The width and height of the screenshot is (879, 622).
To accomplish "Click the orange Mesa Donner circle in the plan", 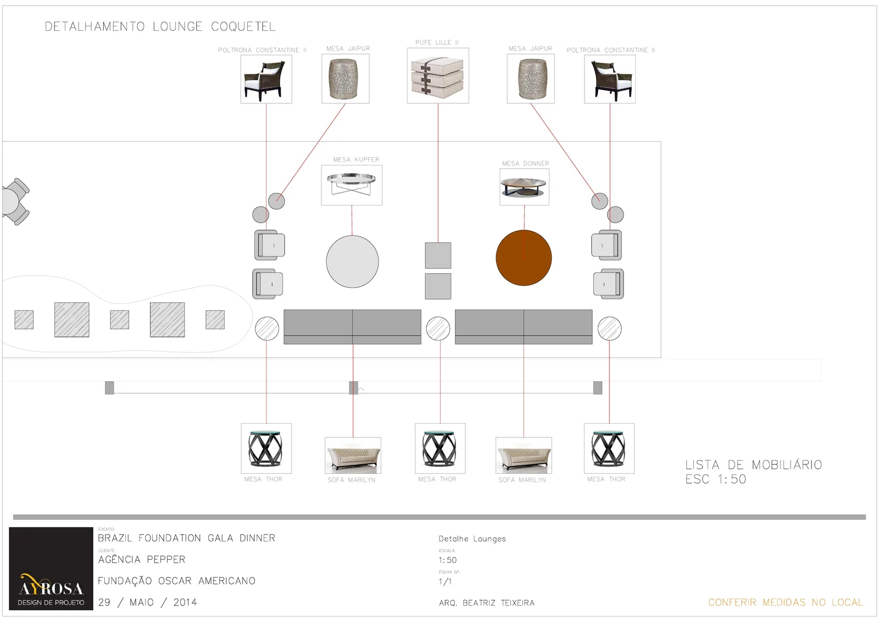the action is (x=524, y=258).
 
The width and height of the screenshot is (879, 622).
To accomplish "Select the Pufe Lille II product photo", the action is (x=438, y=76).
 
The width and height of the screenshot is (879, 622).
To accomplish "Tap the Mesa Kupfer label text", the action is (x=357, y=159).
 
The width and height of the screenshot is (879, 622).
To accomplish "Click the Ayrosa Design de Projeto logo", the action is (x=51, y=568).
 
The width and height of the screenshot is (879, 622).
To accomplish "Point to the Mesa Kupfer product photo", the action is (x=352, y=185).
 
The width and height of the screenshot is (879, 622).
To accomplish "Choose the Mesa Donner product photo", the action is (x=524, y=187).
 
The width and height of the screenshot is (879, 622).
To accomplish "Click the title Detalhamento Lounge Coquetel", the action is (x=160, y=26).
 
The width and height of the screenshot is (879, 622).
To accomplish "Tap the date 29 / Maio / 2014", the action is (x=148, y=602).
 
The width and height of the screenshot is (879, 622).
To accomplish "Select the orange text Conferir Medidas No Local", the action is (x=786, y=602).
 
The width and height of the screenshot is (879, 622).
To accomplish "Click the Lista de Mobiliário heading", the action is (x=753, y=465).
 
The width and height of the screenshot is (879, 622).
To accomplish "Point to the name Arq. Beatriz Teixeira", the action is (x=487, y=602).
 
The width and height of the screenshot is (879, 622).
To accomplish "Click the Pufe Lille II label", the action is (x=437, y=42).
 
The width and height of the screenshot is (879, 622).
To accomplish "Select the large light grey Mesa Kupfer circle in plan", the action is (x=352, y=262).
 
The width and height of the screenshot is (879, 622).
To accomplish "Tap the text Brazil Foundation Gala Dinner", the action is (x=186, y=537).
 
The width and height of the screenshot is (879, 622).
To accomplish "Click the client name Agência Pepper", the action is (x=142, y=559).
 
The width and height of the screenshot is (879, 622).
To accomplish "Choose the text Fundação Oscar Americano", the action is (x=176, y=580).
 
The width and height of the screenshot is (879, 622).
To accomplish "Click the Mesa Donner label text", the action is (x=525, y=163).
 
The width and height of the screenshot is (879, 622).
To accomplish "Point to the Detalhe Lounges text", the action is (x=472, y=539).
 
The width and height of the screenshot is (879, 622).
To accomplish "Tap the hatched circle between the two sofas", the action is (x=438, y=329).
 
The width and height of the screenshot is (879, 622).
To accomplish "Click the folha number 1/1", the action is (x=445, y=581).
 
